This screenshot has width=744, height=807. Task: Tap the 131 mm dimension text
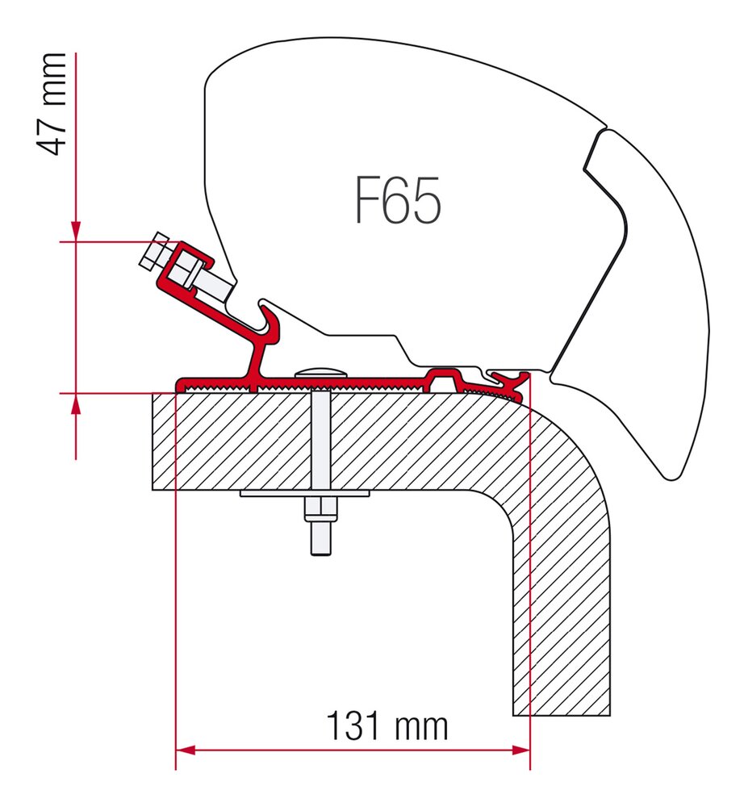(387, 726)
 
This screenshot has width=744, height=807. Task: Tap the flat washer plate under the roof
(305, 494)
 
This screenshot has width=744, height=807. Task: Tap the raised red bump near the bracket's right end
(445, 374)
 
